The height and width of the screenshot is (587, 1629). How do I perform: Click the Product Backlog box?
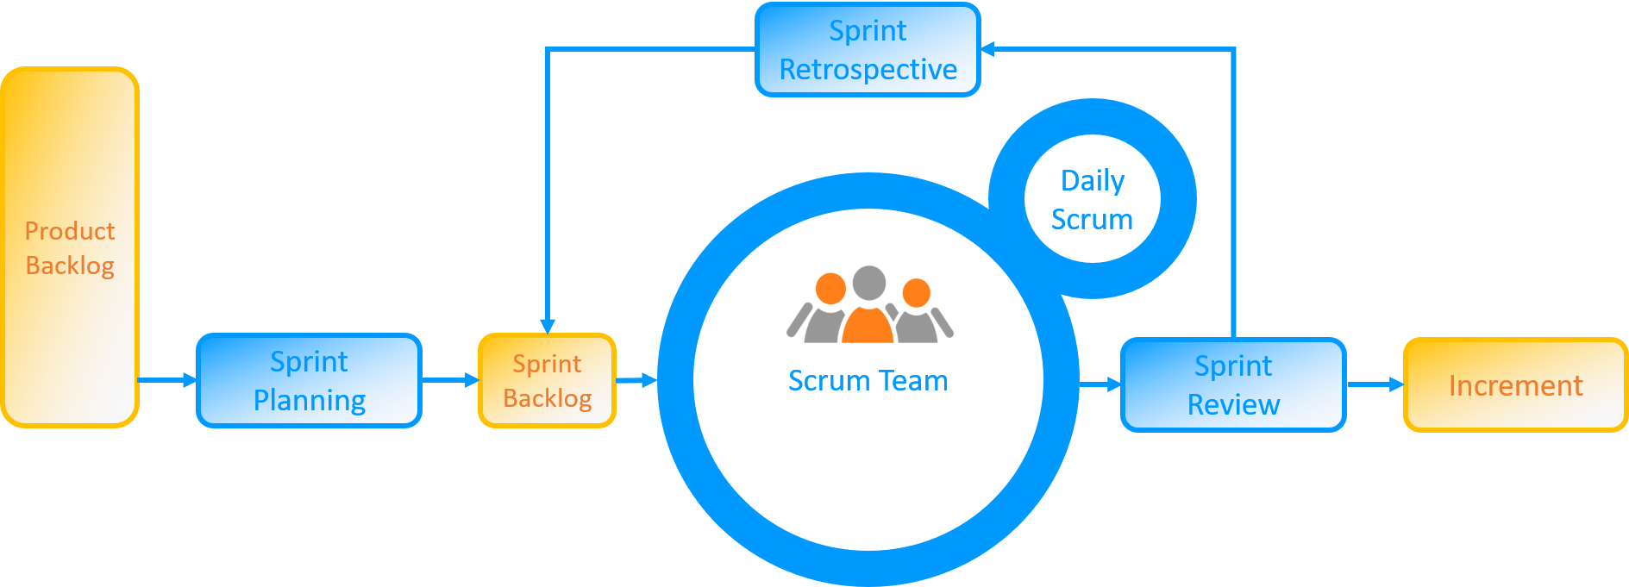pos(70,247)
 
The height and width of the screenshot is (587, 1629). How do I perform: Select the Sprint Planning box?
pos(309,381)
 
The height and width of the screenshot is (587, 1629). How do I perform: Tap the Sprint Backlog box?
pos(548,380)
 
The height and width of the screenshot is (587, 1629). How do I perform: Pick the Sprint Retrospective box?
pos(868,50)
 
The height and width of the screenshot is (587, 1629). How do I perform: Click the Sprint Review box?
pos(1233,385)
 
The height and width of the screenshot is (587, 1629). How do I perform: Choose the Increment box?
pos(1515,385)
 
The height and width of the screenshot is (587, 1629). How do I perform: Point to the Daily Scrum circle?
pos(1092,199)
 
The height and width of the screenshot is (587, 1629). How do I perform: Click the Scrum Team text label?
pos(868,381)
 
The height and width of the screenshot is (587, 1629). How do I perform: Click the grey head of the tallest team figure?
pos(868,282)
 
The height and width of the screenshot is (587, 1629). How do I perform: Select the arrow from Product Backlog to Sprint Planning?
pos(168,380)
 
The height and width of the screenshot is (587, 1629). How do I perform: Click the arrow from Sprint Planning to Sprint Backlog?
pos(450,380)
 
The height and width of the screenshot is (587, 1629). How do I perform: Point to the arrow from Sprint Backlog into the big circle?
pos(637,380)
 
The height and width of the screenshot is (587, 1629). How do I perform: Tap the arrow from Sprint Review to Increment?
pos(1375,384)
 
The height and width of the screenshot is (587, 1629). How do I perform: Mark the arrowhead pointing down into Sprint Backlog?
pos(547,326)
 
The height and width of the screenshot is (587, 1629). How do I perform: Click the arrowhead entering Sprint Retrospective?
pos(988,49)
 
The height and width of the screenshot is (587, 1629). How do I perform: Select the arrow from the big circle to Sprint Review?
pos(1100,384)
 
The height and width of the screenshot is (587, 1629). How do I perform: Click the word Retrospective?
pos(868,70)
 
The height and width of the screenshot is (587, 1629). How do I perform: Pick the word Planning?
pos(309,401)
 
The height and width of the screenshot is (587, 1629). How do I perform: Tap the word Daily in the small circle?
pos(1092,181)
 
